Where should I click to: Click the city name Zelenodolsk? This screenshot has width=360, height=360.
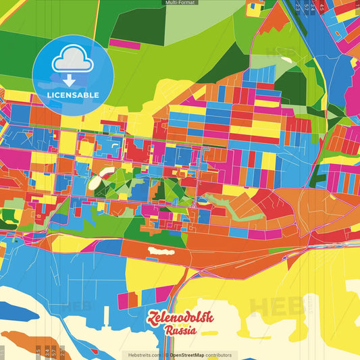180,318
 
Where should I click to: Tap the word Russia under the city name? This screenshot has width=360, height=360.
180,331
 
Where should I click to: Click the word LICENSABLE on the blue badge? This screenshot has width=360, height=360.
73,95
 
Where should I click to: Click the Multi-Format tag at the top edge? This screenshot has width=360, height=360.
180,3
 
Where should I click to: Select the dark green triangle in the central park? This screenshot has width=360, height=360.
160,190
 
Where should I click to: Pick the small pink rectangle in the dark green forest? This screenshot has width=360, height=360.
124,44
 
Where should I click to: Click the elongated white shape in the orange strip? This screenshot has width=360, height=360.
161,251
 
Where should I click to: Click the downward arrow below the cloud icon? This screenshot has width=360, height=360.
70,80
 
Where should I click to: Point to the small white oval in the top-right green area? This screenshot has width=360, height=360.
286,60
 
